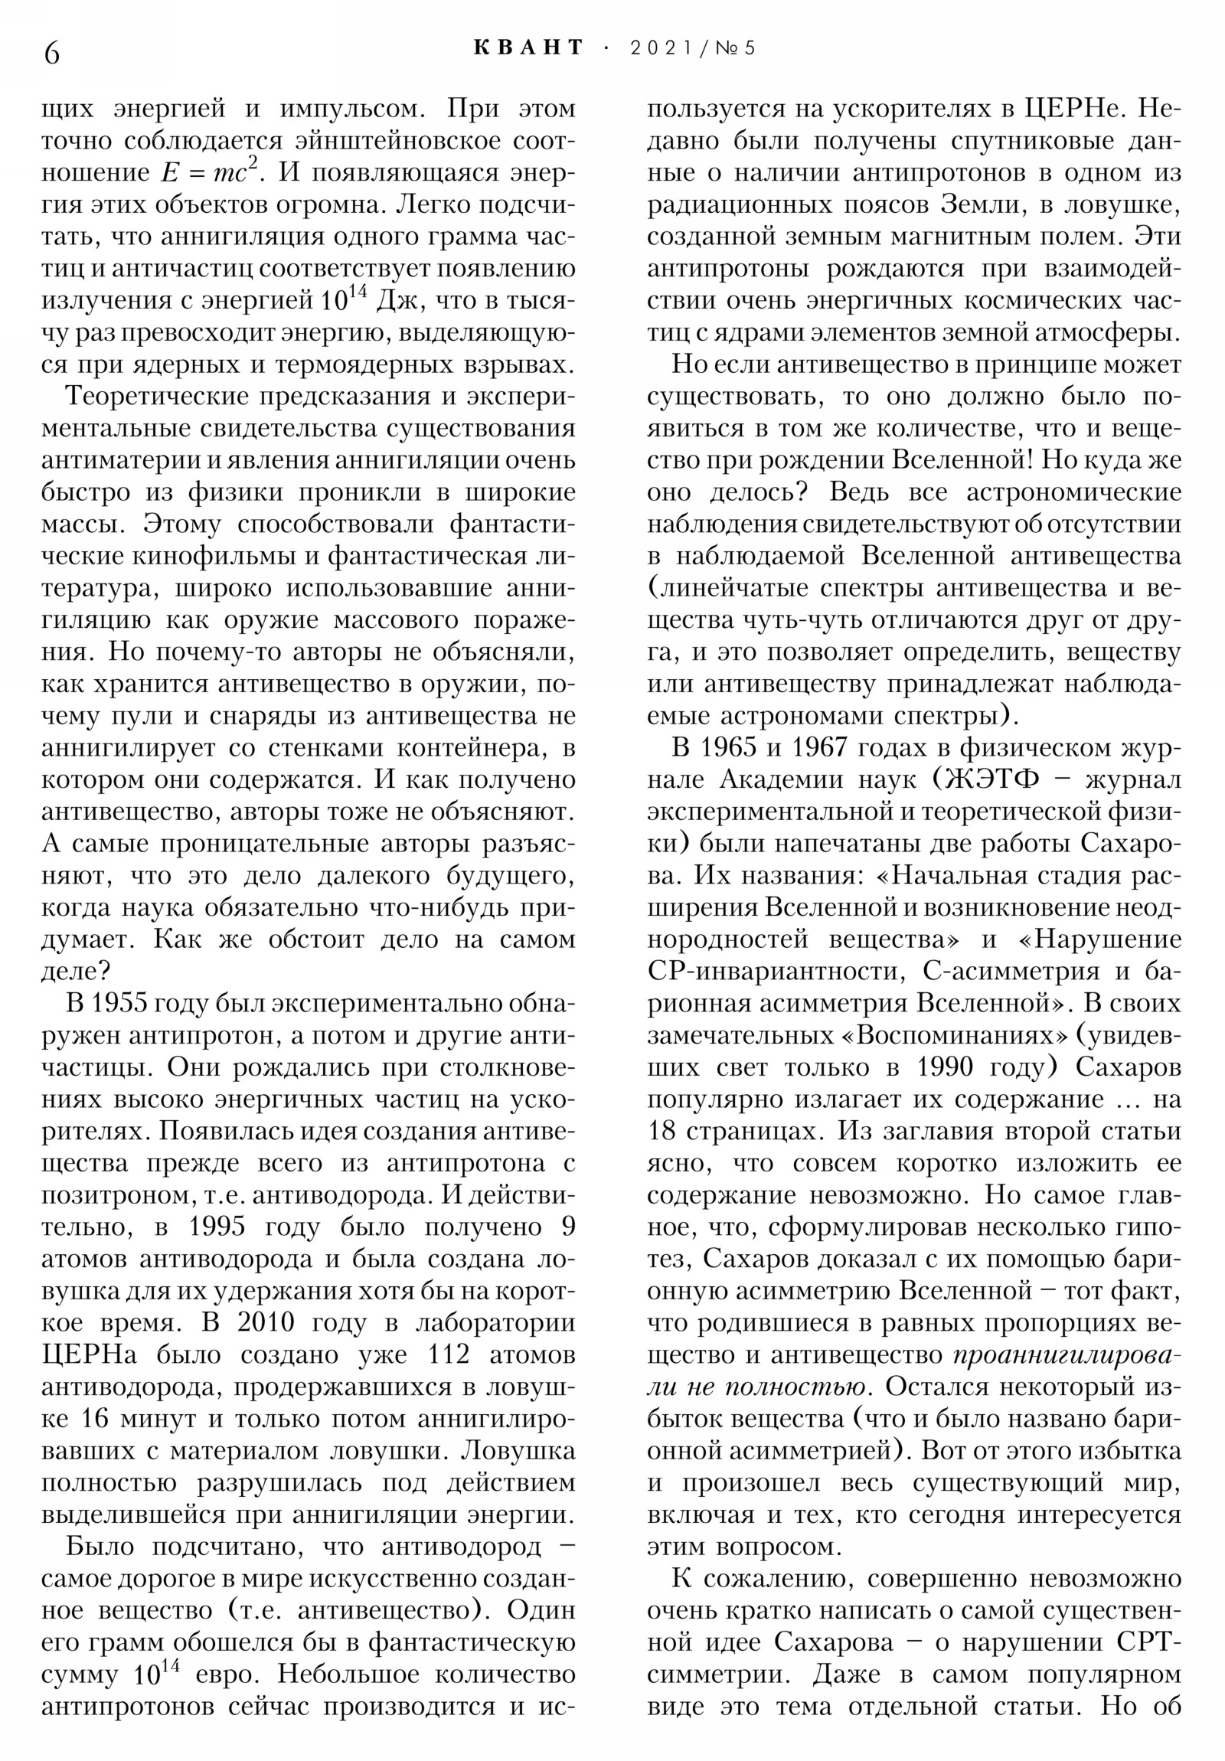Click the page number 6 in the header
[52, 54]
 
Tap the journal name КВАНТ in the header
[528, 47]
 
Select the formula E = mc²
[207, 172]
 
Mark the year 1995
[217, 1227]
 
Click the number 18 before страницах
[661, 1132]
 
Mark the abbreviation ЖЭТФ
[995, 780]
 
